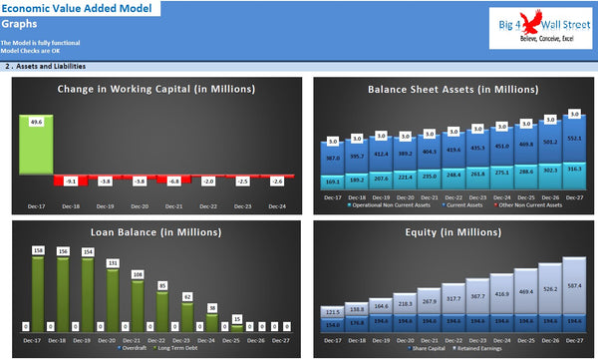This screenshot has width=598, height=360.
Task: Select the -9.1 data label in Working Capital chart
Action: click(x=70, y=181)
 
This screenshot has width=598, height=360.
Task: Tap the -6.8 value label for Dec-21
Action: click(x=173, y=181)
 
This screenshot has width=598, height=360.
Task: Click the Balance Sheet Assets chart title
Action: click(x=448, y=90)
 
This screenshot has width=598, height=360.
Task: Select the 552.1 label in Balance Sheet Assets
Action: click(x=574, y=138)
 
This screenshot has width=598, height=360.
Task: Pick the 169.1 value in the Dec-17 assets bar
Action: click(x=332, y=182)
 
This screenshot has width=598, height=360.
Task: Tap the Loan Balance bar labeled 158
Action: click(x=38, y=249)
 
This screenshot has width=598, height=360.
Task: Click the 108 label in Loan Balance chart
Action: click(x=139, y=273)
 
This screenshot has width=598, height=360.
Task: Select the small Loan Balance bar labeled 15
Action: click(x=237, y=319)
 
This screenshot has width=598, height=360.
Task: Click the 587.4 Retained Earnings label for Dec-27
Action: click(x=574, y=285)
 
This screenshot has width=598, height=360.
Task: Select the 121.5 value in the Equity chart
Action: click(x=332, y=311)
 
